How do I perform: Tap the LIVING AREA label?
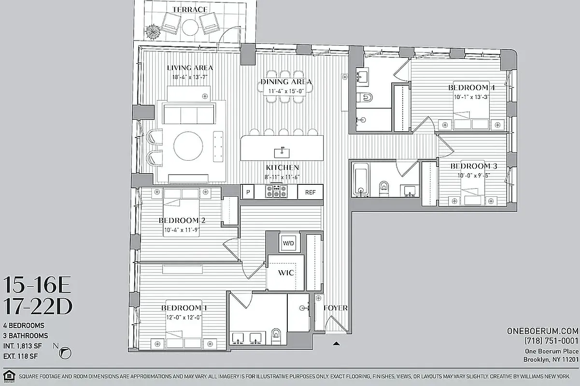coord(190,68)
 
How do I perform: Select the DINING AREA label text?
coord(286,82)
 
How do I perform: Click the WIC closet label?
coord(286,273)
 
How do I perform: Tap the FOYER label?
coord(335,308)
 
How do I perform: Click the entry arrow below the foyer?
coord(336,344)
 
